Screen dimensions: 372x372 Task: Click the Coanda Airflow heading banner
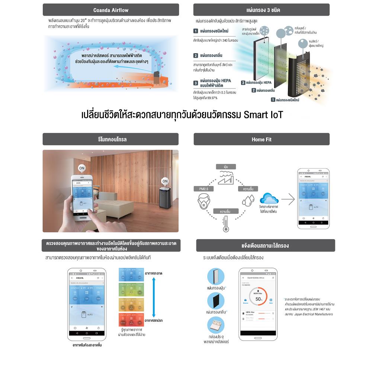[110, 10]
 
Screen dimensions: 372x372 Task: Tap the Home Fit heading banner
[261, 139]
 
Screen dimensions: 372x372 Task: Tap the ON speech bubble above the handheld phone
[82, 168]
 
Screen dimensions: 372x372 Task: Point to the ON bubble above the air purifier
[165, 181]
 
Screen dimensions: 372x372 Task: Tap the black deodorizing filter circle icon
[216, 301]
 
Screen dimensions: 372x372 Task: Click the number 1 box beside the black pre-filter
[273, 99]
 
